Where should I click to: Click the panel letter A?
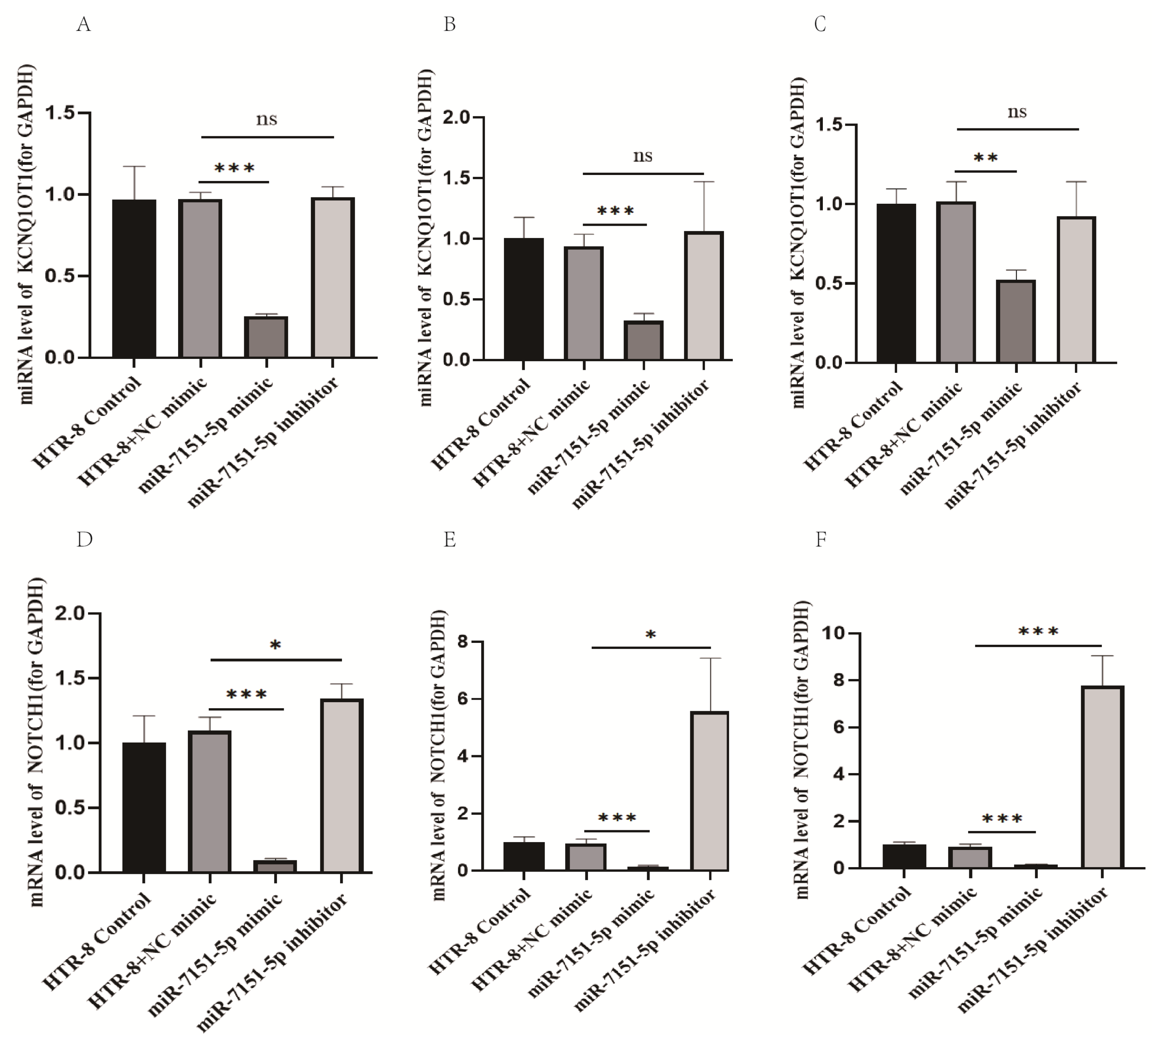click(84, 26)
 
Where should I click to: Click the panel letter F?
click(821, 540)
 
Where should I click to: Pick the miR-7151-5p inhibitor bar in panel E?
click(710, 792)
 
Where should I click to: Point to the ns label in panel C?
click(1017, 112)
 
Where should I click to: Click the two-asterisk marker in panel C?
click(985, 158)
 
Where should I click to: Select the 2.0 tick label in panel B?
click(456, 118)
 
